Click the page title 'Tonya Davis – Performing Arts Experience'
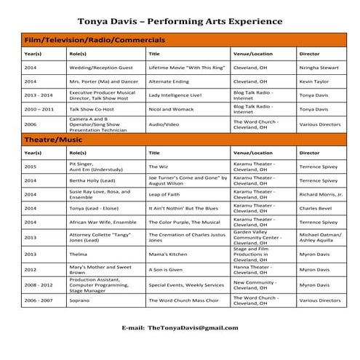pos(180,21)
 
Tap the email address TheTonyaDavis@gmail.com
pos(192,329)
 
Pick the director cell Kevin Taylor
pos(315,81)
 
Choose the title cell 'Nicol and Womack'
pos(172,108)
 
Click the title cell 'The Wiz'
pos(158,167)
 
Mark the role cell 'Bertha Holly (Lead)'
pos(95,180)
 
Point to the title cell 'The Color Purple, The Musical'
pos(184,222)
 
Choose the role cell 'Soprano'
pos(79,300)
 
